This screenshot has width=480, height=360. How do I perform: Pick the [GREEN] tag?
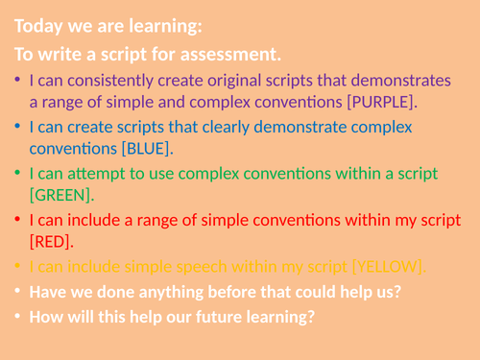click(61, 195)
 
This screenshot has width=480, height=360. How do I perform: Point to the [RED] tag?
click(52, 241)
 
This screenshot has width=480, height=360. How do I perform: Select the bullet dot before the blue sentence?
click(18, 126)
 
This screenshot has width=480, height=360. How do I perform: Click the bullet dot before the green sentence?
click(18, 173)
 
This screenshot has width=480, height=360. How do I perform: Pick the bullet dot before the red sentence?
click(18, 220)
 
